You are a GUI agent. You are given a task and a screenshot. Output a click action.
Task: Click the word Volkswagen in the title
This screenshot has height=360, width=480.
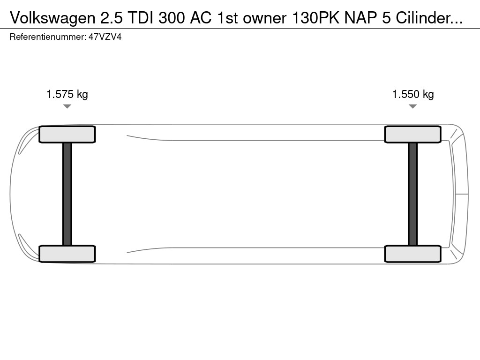click(52, 18)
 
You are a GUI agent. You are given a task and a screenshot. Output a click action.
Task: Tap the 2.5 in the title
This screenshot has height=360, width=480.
click(112, 18)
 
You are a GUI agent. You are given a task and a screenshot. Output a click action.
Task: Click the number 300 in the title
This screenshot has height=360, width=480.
click(172, 18)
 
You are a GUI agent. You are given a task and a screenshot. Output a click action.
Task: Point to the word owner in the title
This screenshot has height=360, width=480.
click(265, 18)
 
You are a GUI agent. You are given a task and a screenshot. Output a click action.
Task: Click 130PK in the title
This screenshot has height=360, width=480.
click(315, 18)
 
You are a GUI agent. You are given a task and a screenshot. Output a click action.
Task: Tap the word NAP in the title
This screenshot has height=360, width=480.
click(360, 18)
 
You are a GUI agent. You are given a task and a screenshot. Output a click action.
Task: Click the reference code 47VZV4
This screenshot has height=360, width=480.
click(105, 37)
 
